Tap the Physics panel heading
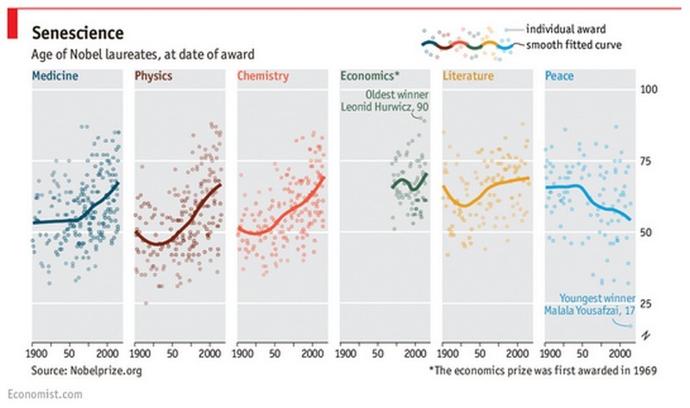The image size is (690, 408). pyautogui.click(x=154, y=76)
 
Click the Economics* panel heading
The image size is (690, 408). pyautogui.click(x=370, y=76)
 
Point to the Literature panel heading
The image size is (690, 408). pyautogui.click(x=469, y=76)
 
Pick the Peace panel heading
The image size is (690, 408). pyautogui.click(x=560, y=76)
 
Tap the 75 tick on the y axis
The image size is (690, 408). pyautogui.click(x=651, y=161)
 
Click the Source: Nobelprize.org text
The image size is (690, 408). pyautogui.click(x=85, y=370)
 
